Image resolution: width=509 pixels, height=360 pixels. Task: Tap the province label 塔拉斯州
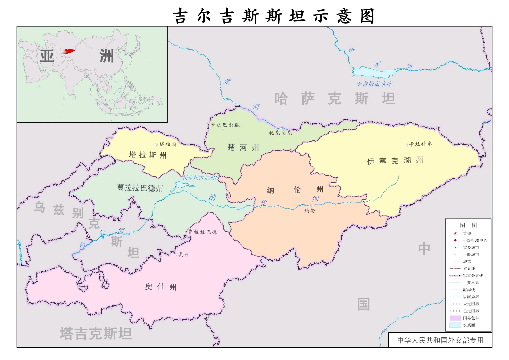pyautogui.click(x=148, y=155)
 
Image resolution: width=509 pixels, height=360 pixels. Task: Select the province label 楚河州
pyautogui.click(x=243, y=148)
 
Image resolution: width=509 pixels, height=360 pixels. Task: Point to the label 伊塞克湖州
pyautogui.click(x=395, y=161)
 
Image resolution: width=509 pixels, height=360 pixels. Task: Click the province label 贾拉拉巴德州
pyautogui.click(x=140, y=188)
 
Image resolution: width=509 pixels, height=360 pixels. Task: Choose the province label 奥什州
pyautogui.click(x=161, y=287)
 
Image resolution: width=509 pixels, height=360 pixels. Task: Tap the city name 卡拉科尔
pyautogui.click(x=420, y=144)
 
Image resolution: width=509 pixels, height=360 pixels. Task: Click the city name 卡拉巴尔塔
pyautogui.click(x=225, y=125)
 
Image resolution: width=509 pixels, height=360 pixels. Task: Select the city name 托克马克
pyautogui.click(x=280, y=133)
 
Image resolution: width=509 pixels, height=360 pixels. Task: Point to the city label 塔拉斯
pyautogui.click(x=168, y=144)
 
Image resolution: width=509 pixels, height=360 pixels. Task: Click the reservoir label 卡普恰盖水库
pyautogui.click(x=375, y=84)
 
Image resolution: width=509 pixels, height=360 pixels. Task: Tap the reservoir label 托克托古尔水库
pyautogui.click(x=201, y=178)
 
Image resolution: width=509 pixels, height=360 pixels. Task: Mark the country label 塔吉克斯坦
pyautogui.click(x=96, y=333)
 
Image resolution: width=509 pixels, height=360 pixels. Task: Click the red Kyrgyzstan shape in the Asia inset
pyautogui.click(x=69, y=52)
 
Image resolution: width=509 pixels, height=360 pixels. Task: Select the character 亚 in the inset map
pyautogui.click(x=47, y=56)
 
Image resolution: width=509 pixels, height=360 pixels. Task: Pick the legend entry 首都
pyautogui.click(x=467, y=234)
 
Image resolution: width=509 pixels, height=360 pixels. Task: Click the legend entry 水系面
pyautogui.click(x=469, y=325)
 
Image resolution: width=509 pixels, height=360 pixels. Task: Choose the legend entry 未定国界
pyautogui.click(x=471, y=304)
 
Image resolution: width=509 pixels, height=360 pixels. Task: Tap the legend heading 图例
pyautogui.click(x=468, y=225)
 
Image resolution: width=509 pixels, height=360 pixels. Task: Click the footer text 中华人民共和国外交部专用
pyautogui.click(x=440, y=340)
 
